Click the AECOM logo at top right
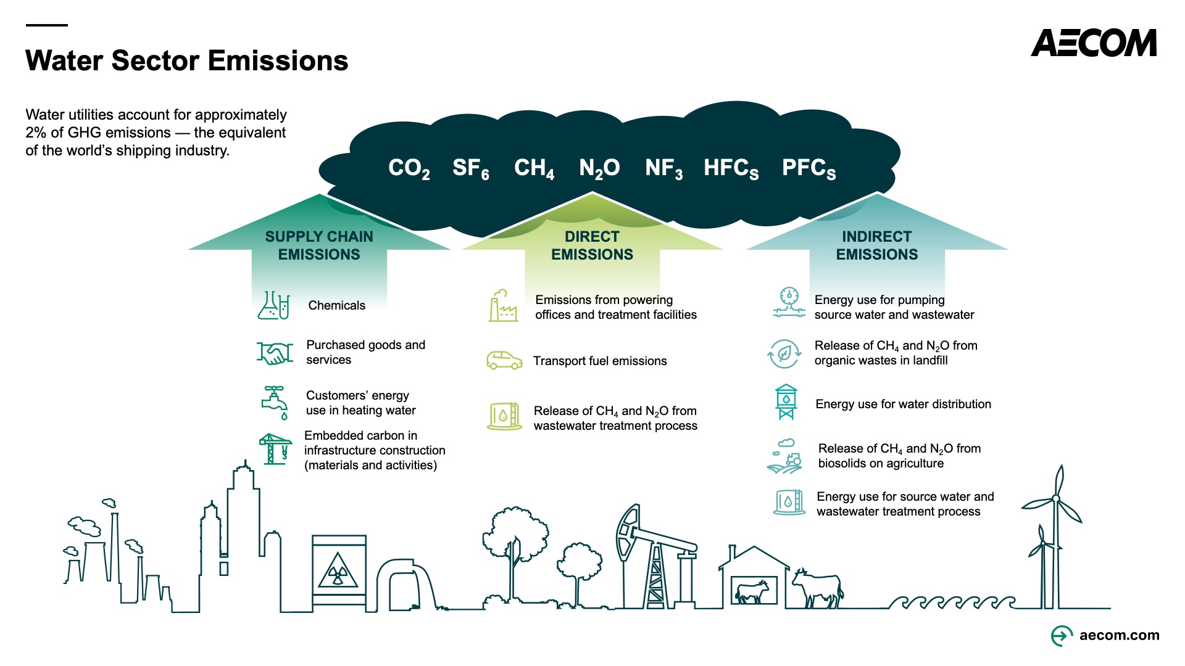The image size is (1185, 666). (1094, 43)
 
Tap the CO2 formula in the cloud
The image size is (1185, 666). (409, 168)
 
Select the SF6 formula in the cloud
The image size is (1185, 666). (471, 168)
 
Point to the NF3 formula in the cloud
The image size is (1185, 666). (664, 168)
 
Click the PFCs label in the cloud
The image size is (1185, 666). (809, 168)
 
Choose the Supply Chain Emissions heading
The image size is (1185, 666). (319, 245)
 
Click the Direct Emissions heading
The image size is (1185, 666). (592, 245)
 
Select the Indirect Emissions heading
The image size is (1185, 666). (877, 245)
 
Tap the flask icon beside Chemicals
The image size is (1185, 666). (273, 305)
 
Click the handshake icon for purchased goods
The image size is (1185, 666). (275, 353)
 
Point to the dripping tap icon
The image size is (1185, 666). (275, 403)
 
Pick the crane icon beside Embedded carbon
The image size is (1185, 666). (275, 448)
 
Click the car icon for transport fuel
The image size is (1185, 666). (504, 360)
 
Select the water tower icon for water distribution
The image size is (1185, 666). (786, 402)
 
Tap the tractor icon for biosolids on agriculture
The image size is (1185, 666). (784, 456)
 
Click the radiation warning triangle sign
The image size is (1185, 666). (337, 572)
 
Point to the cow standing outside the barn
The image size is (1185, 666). (817, 588)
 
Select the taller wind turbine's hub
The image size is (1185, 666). (1056, 498)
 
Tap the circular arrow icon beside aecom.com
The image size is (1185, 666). (1062, 635)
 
